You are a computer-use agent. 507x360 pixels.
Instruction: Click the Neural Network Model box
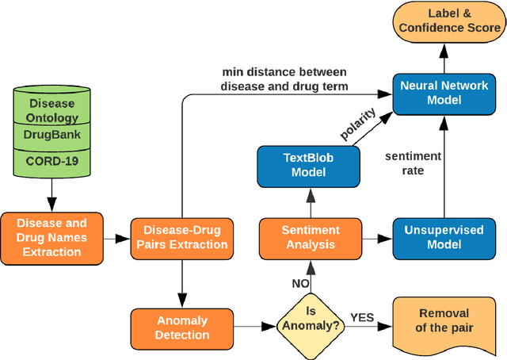[443, 93]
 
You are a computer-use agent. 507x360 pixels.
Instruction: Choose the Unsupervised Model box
[443, 237]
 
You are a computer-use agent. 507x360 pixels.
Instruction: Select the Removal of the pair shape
[443, 321]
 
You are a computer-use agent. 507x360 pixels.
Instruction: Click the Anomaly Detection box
[181, 327]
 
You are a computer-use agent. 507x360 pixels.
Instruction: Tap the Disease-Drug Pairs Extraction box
[181, 237]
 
